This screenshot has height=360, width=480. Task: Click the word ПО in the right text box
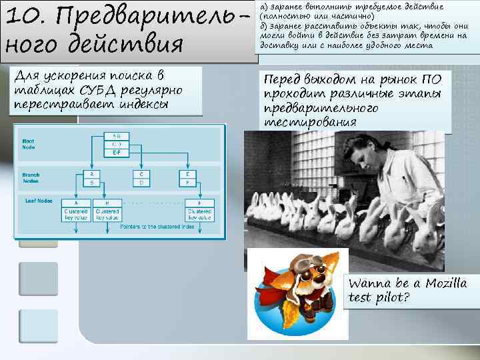coord(429,79)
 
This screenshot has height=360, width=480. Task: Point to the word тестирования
coord(310,123)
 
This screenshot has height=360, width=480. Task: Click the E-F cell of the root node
coord(117,152)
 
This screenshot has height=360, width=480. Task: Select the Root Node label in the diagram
coord(29,144)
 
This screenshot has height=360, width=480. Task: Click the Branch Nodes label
coord(31,177)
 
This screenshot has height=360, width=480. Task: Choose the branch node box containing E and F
coord(187,177)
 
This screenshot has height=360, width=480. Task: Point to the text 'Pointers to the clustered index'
coord(158,227)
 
